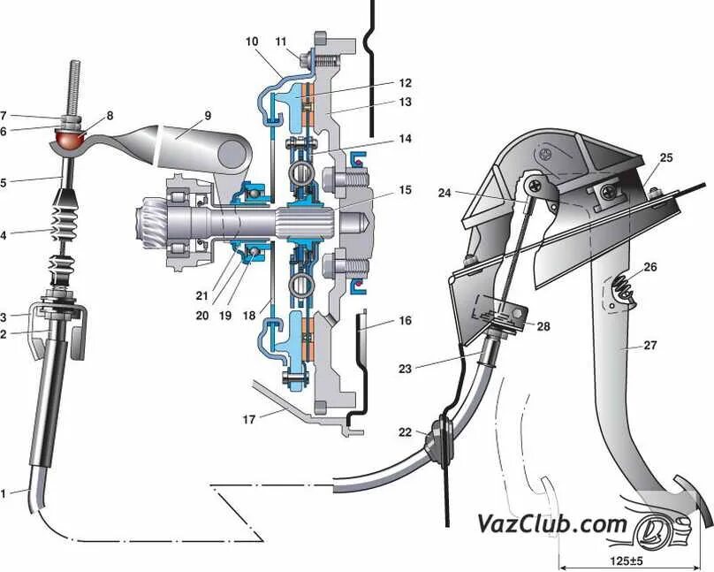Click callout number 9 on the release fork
point(208,115)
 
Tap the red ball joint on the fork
point(70,140)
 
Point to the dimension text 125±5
point(626,559)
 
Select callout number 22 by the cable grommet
point(405,432)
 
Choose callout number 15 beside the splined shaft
point(405,190)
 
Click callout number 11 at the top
point(281,42)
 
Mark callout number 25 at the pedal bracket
point(666,157)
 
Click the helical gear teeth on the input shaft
point(152,218)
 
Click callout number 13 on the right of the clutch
point(405,103)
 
